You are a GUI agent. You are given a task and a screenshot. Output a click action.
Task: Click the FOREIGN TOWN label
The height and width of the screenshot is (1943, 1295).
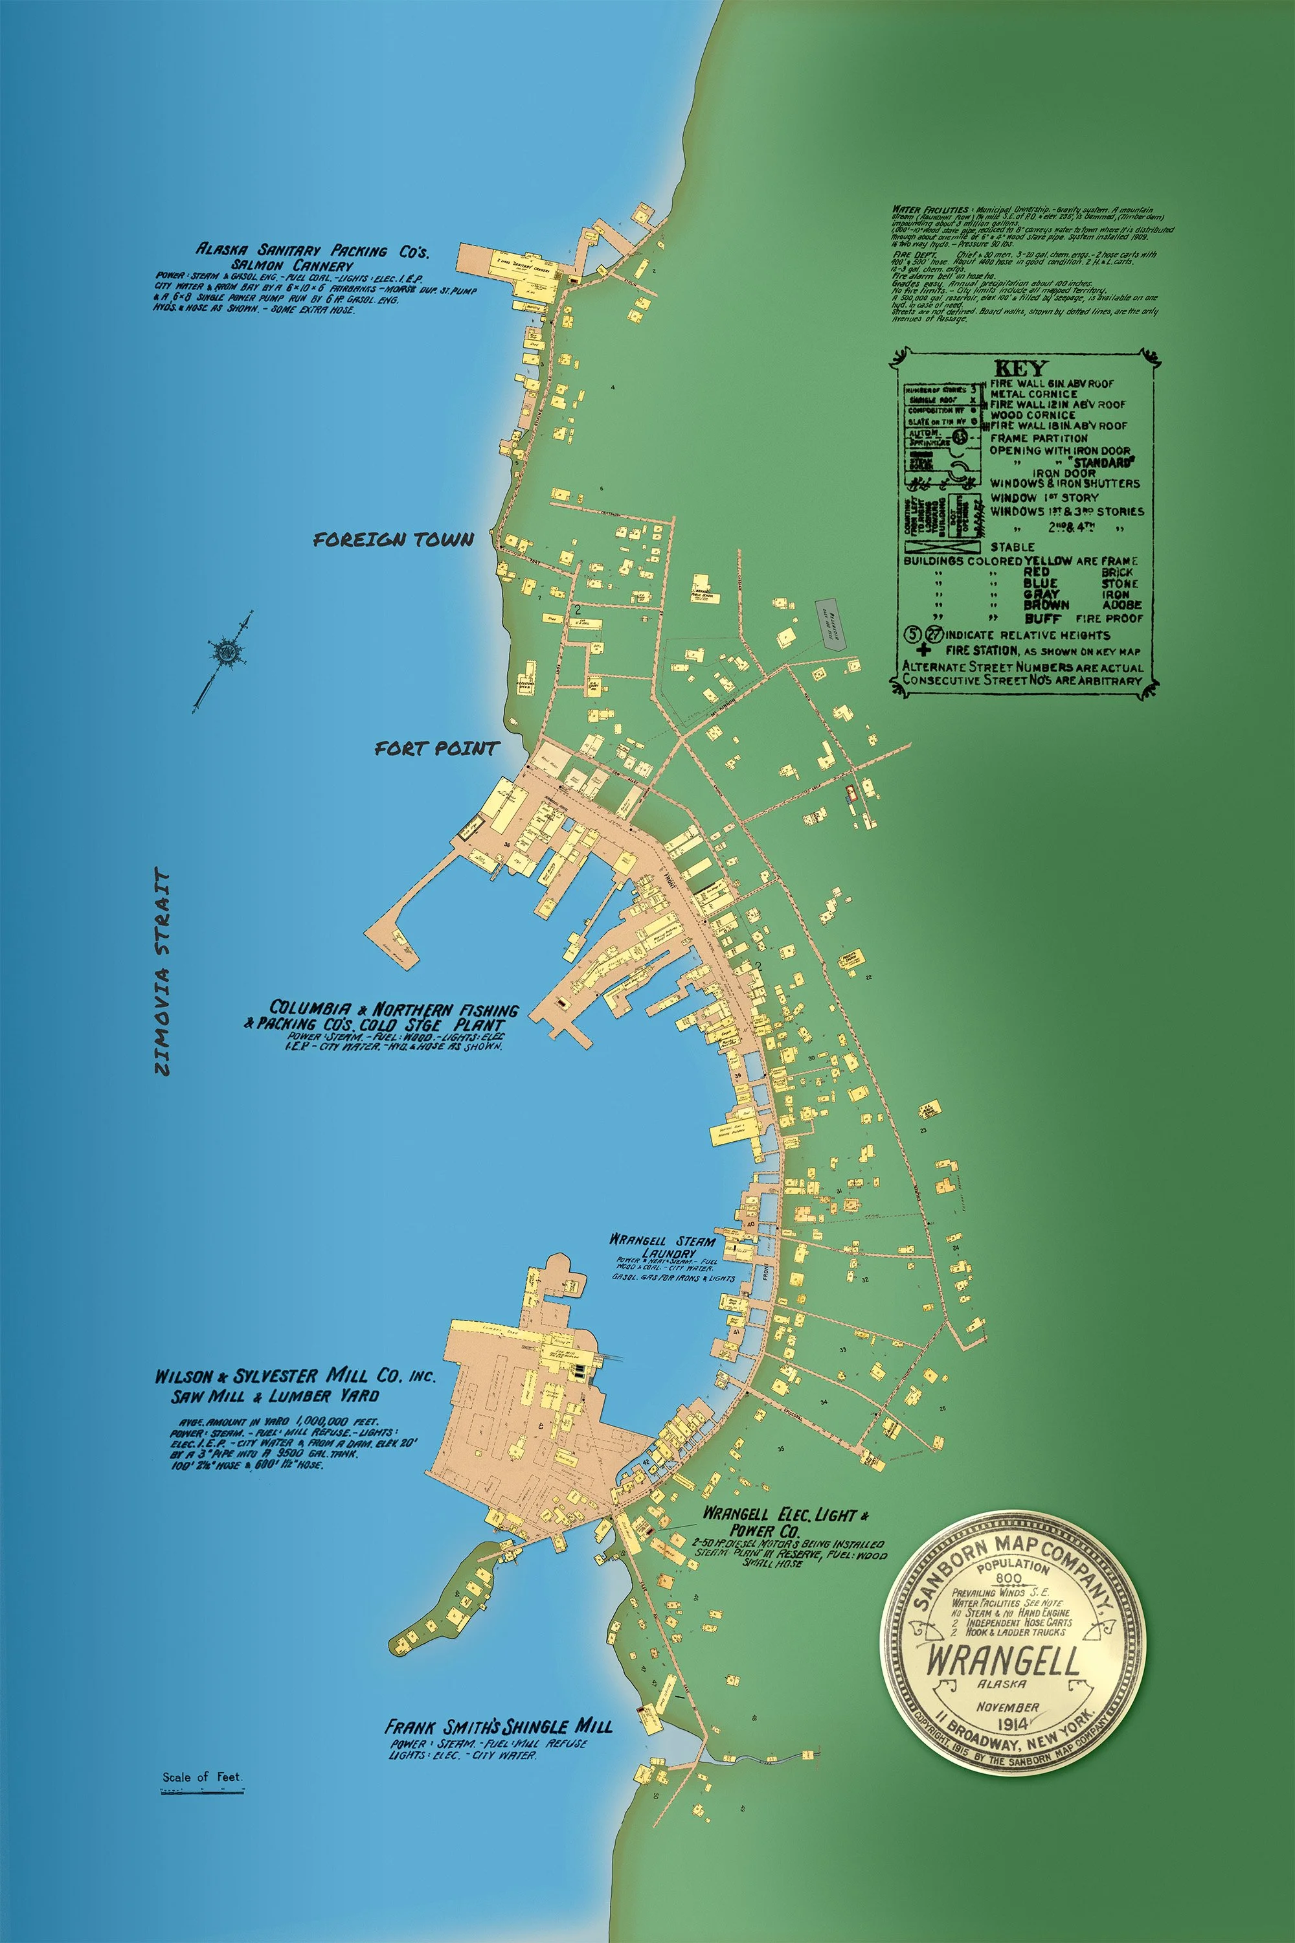pos(393,540)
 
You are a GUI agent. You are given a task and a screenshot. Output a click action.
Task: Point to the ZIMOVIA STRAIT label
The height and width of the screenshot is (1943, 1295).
pos(163,971)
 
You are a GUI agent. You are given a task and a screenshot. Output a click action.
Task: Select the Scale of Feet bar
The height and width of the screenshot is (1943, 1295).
pos(202,1791)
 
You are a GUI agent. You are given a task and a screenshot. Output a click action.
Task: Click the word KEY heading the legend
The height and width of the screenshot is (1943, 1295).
pos(1021,369)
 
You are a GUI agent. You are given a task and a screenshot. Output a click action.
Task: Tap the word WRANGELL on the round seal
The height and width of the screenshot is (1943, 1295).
pos(1004,1661)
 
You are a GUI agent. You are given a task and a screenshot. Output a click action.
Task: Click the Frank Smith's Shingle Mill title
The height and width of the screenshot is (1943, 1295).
pos(498,1727)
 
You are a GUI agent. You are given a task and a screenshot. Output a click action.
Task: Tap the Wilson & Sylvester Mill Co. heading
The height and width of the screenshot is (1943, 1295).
pos(295,1376)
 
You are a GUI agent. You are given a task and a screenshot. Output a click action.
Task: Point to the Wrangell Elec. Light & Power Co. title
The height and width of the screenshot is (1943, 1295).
pos(785,1515)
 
